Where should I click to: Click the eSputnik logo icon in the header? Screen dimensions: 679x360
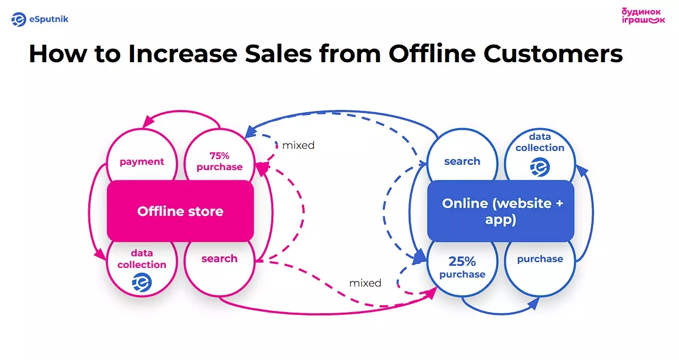19,19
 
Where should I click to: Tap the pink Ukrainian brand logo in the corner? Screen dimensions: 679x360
643,16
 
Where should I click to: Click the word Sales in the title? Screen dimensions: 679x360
278,54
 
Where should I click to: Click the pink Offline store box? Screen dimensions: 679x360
180,211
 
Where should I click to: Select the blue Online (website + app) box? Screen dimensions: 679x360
501,211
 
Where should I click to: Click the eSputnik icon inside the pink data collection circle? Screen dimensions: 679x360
142,282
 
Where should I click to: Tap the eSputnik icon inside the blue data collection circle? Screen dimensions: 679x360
540,167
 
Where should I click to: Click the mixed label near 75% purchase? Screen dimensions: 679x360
298,146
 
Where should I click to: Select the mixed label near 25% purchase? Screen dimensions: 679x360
365,283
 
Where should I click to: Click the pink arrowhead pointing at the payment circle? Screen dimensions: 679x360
148,122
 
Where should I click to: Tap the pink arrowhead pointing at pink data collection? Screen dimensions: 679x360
100,254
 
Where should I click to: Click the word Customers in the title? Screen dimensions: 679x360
553,54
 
